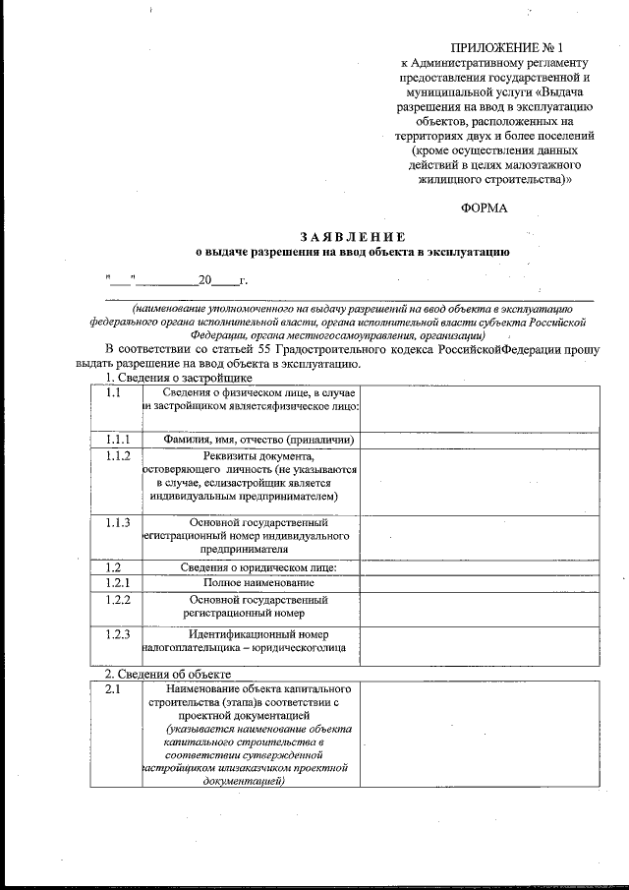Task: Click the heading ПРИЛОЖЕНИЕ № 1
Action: (506, 47)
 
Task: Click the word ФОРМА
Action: (485, 208)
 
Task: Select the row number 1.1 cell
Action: (114, 393)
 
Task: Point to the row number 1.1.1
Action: (118, 440)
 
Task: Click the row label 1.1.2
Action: (118, 456)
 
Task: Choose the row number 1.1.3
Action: (118, 521)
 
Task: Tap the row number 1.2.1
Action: (118, 583)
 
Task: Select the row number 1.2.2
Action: (118, 599)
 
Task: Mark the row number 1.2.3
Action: (118, 634)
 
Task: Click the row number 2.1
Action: (113, 690)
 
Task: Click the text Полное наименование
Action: (258, 583)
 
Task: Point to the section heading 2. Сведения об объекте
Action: (168, 675)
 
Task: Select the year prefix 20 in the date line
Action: (204, 280)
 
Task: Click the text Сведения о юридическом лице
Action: (258, 567)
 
